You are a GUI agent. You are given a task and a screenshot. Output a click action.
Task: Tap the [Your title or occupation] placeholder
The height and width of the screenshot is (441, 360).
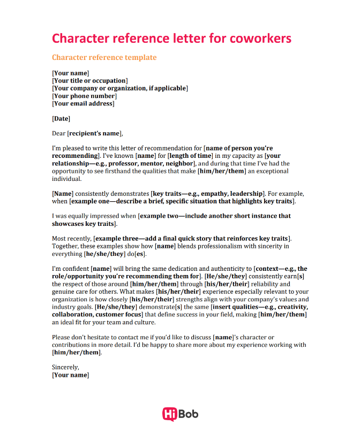coord(89,81)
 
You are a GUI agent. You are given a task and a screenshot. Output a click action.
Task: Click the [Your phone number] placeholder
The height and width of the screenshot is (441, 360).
coord(84,96)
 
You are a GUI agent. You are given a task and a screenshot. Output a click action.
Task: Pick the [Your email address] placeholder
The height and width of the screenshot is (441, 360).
coord(83,103)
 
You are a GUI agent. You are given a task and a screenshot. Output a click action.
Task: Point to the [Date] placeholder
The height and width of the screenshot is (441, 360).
coord(61,118)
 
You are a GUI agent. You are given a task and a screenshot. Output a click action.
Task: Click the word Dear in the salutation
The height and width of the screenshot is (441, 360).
coord(58,133)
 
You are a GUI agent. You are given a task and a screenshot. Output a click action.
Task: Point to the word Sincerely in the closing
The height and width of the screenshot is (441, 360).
coord(65,367)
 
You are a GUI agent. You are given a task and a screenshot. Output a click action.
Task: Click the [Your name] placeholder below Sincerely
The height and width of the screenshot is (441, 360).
coord(70,375)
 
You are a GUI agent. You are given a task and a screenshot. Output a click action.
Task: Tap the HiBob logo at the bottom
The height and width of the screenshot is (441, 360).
coord(180,414)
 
